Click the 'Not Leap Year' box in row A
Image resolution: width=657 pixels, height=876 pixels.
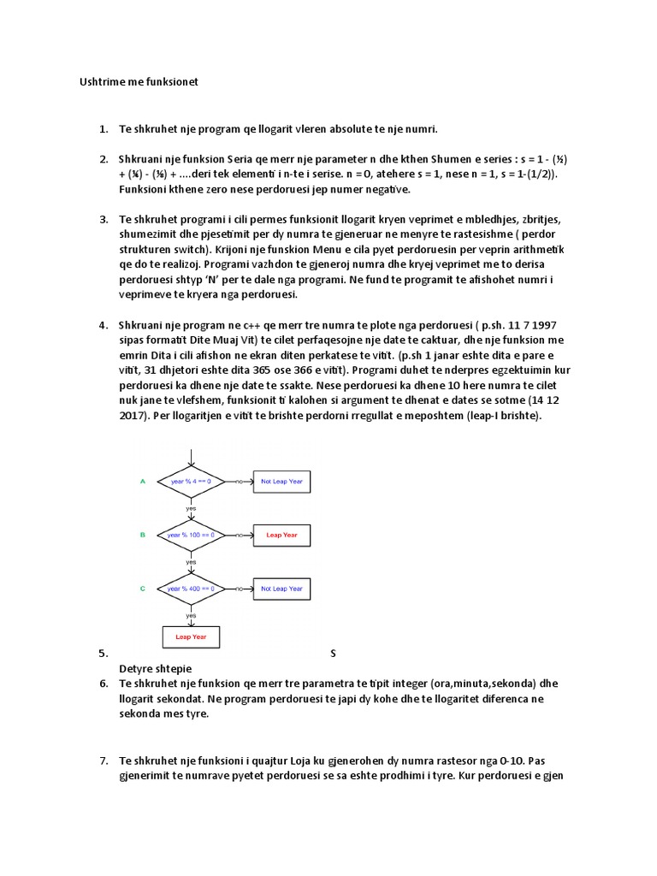(281, 482)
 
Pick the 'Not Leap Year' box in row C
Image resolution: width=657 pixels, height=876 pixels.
(281, 589)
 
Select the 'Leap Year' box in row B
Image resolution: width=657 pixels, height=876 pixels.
(281, 536)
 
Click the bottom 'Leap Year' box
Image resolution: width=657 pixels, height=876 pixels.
(191, 637)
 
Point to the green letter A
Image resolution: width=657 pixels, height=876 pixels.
(143, 482)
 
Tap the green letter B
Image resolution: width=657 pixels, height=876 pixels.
(143, 536)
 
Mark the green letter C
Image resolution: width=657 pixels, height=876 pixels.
(143, 589)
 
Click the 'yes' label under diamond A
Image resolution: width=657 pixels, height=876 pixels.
(191, 508)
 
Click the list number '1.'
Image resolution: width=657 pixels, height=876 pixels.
(103, 129)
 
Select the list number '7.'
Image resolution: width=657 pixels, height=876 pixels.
(103, 760)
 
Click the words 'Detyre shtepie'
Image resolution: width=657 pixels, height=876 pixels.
(155, 668)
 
